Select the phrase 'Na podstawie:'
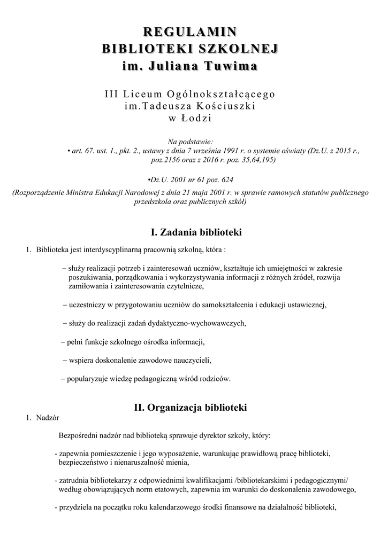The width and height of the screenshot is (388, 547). point(190,142)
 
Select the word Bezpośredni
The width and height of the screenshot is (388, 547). point(80,435)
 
